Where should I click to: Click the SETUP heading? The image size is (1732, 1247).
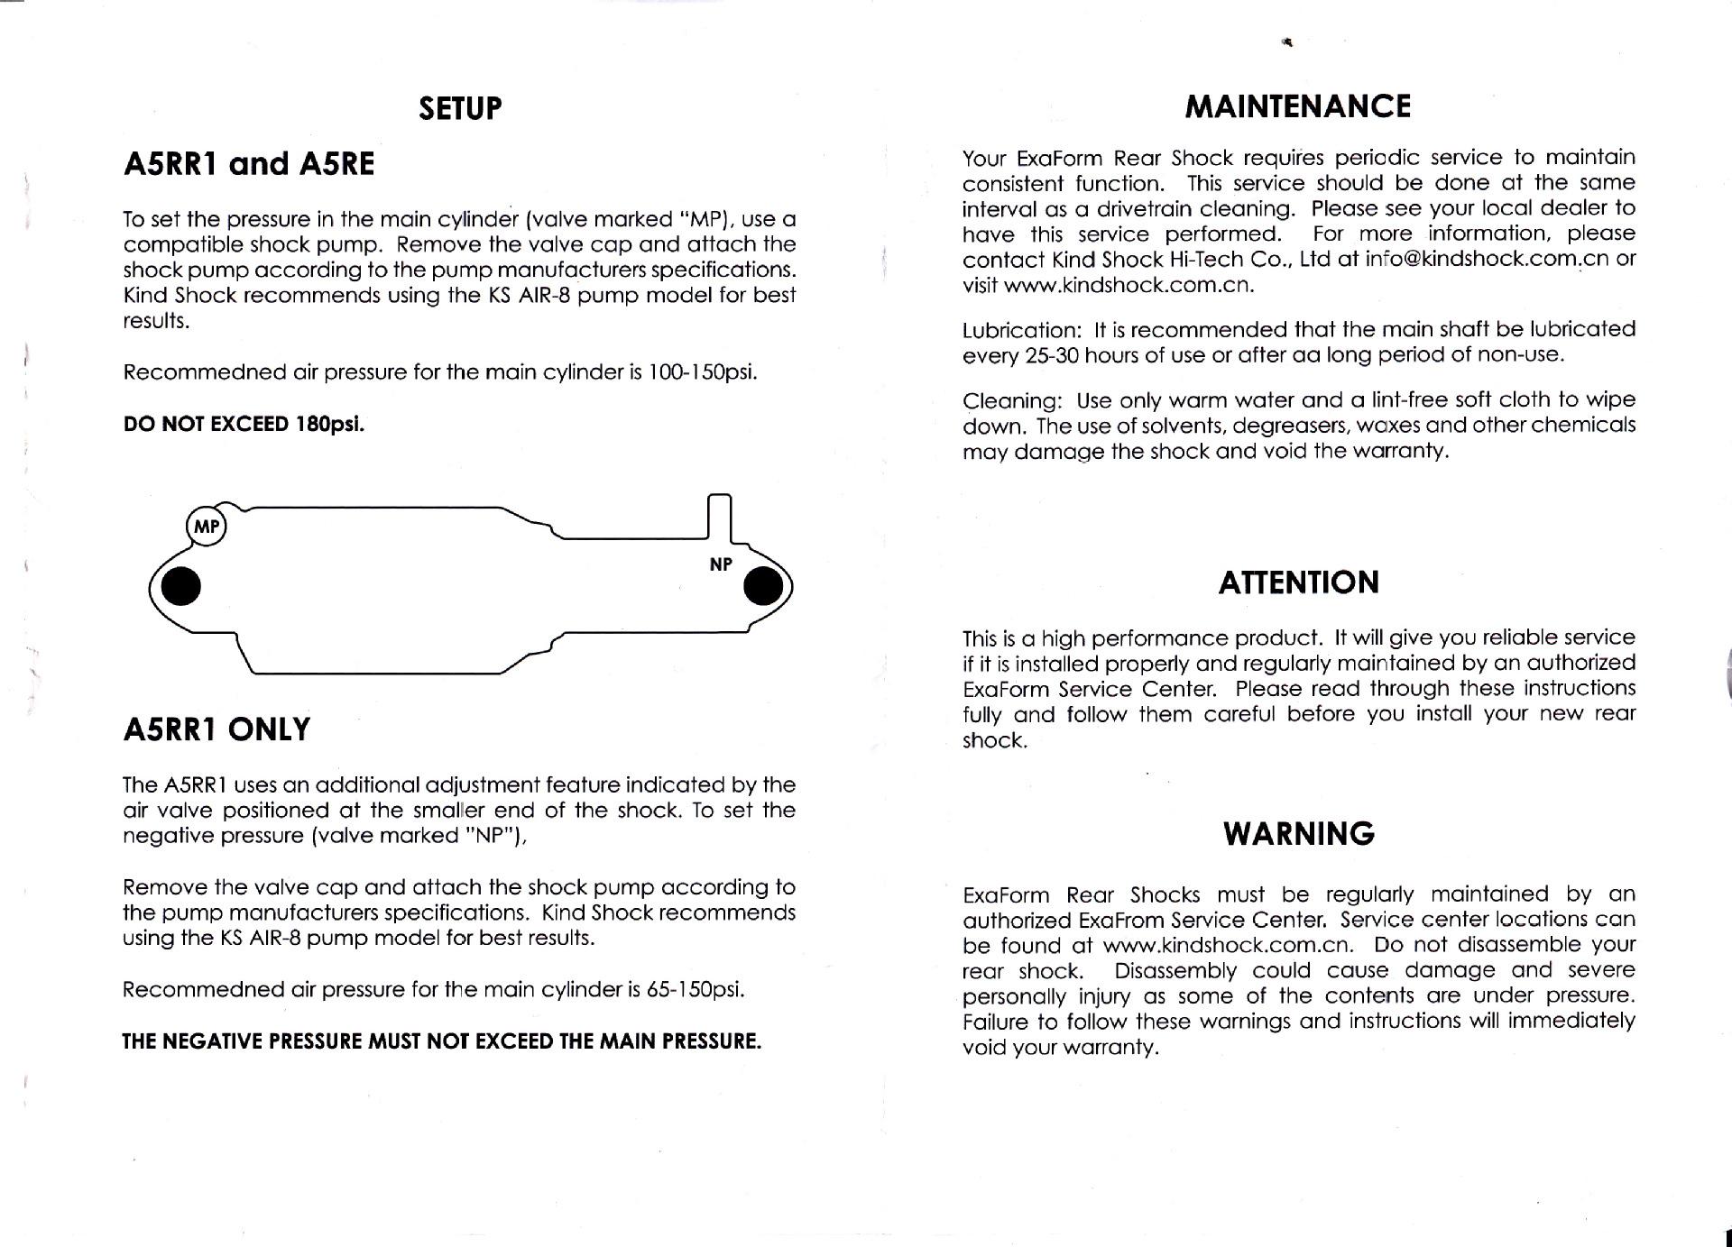tap(460, 108)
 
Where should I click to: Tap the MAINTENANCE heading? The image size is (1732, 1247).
tap(1297, 106)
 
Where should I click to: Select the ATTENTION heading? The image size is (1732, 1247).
tap(1298, 582)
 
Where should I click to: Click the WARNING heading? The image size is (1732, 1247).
tap(1298, 833)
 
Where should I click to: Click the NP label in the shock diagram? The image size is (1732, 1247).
tap(721, 564)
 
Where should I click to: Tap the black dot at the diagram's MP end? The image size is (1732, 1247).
tap(180, 587)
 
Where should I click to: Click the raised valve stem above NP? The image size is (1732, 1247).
tap(720, 517)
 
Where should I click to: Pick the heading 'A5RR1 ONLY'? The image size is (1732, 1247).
tap(216, 729)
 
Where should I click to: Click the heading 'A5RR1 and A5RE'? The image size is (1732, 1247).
tap(248, 164)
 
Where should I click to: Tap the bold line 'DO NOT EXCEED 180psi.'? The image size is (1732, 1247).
tap(244, 424)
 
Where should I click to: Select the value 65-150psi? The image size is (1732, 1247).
tap(696, 989)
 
